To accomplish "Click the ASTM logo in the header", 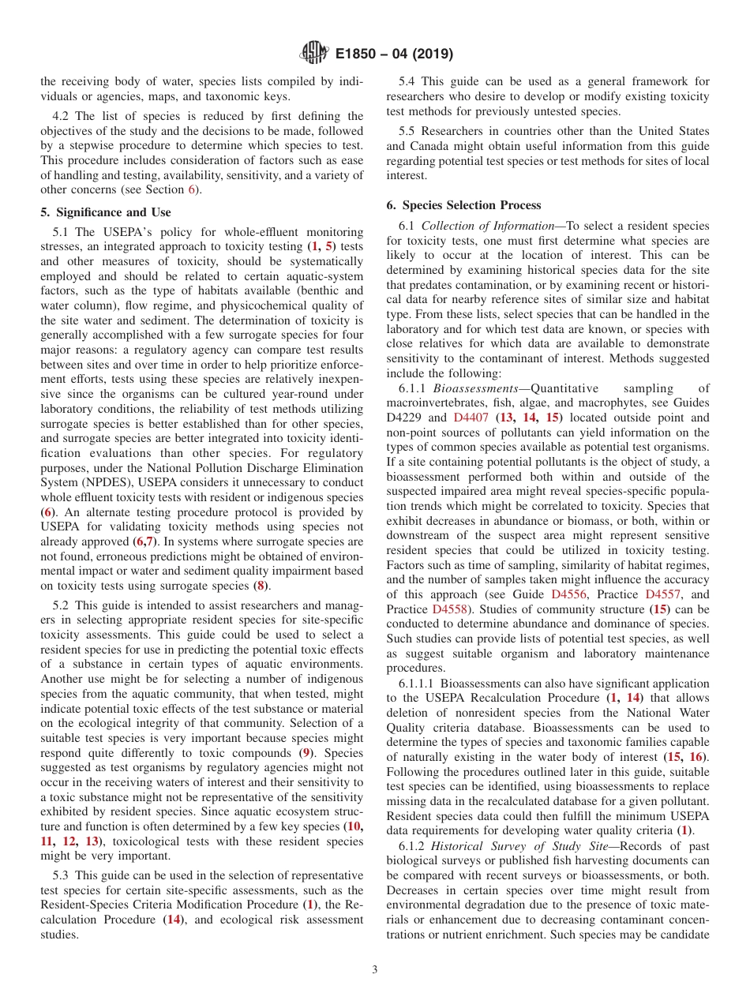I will tap(313, 54).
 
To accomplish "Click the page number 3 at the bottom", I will tap(374, 969).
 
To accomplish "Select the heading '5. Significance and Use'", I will tap(106, 212).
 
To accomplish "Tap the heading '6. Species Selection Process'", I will tap(463, 205).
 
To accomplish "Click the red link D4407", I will tap(472, 418).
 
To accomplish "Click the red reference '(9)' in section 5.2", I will tap(307, 752).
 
